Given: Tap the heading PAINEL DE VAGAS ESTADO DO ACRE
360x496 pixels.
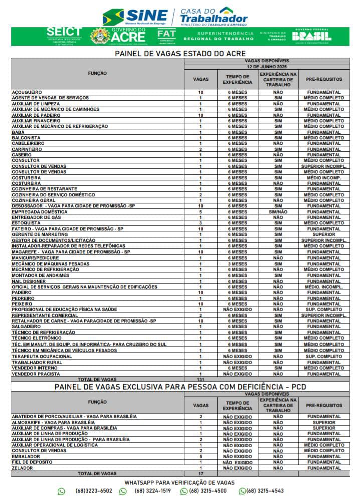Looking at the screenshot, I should [180, 53].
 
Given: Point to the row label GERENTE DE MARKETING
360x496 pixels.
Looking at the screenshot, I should [39, 234].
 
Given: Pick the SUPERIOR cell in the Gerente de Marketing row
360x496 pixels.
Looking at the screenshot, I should [324, 234].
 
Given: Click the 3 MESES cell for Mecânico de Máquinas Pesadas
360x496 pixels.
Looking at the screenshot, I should [238, 263].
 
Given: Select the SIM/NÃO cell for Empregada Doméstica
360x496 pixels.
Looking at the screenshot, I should [278, 212].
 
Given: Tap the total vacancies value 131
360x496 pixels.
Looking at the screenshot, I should [200, 379].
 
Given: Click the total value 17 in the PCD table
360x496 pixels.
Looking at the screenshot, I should [200, 473].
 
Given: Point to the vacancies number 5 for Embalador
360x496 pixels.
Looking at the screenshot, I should [200, 456].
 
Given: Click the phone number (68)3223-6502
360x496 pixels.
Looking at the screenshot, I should [94, 491].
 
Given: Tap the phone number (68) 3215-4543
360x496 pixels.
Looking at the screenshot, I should [265, 491].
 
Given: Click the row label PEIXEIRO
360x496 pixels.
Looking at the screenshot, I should [22, 303].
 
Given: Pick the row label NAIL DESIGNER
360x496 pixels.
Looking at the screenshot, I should [29, 281].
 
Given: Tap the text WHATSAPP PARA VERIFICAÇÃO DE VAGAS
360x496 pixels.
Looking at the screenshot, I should [179, 482].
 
